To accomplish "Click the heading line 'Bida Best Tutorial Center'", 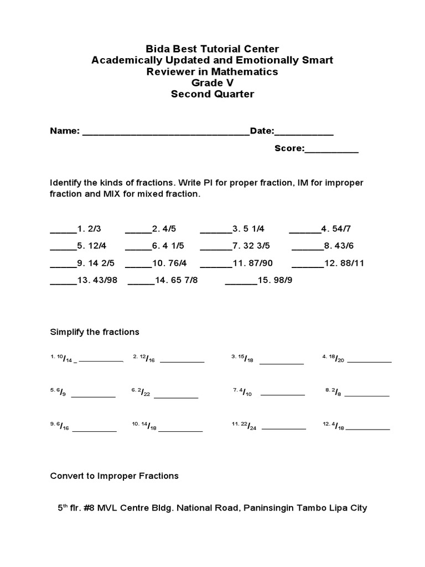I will pos(212,49).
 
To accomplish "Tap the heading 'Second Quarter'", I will pos(212,94).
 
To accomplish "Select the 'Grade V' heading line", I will pos(212,83).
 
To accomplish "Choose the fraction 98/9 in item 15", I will pos(281,280).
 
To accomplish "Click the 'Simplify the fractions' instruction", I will pos(95,332).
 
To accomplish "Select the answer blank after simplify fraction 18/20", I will pos(369,360).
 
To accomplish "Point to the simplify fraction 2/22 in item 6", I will pos(145,393).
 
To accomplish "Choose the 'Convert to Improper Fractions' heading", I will pos(115,476).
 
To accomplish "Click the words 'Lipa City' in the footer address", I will pos(347,508).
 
